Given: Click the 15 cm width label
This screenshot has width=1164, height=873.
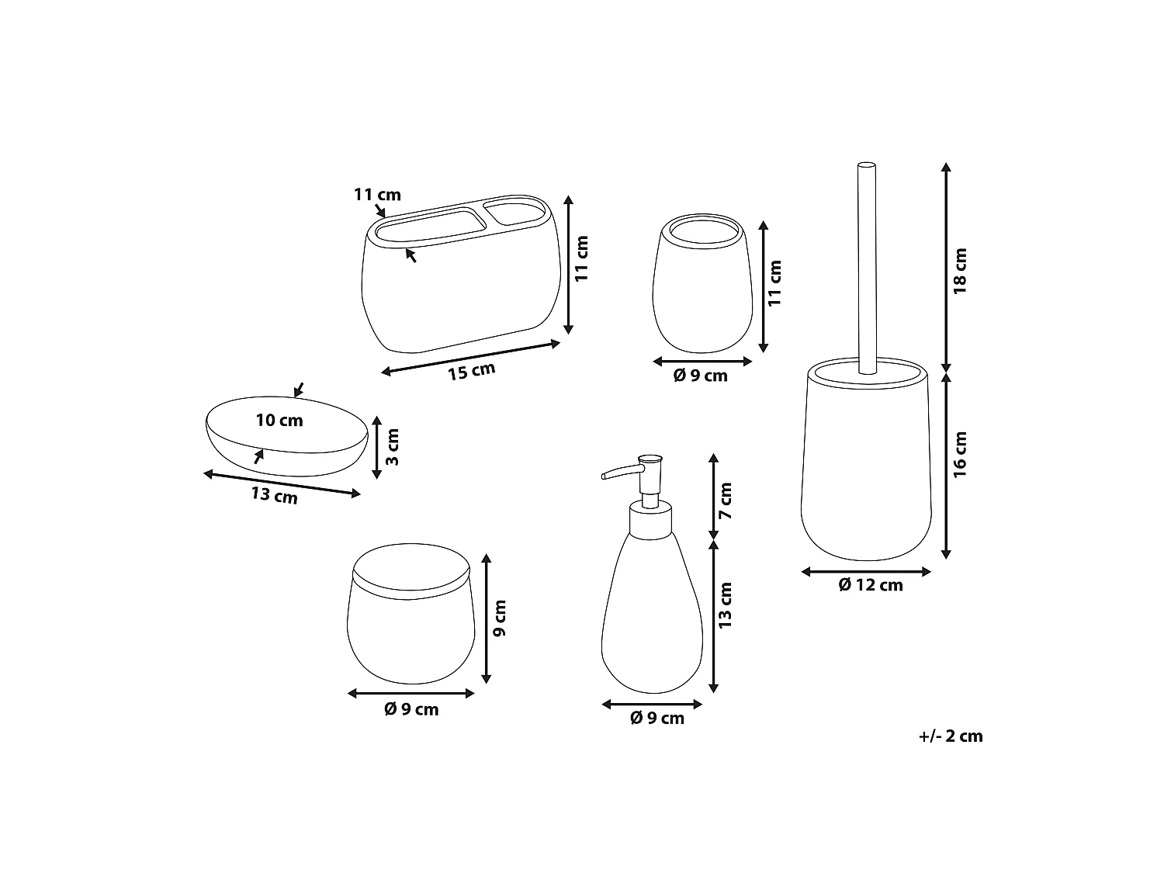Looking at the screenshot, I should tap(471, 372).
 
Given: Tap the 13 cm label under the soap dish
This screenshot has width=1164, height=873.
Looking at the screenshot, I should tap(274, 494).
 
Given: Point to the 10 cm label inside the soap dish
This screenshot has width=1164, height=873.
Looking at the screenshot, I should tap(279, 421).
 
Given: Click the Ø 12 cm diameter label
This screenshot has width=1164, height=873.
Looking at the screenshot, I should tap(871, 585).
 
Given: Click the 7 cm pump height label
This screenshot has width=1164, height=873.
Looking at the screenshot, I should tap(726, 501).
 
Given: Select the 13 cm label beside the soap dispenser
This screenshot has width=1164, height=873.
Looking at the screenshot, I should tap(726, 605).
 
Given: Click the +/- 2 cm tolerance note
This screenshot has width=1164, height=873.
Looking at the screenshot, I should tap(951, 736).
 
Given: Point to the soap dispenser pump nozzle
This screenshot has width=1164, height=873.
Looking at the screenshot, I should tap(617, 472).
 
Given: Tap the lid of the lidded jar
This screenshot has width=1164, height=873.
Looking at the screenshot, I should tap(411, 572).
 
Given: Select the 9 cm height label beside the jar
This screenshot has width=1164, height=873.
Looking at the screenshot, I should tap(501, 618).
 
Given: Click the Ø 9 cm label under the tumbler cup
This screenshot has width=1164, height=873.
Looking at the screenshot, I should tap(701, 376).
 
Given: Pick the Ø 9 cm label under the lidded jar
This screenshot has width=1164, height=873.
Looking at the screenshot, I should tap(411, 709).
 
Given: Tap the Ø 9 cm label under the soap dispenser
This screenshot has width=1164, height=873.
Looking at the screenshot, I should tap(657, 719).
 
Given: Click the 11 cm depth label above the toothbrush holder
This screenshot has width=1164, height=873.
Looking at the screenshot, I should tap(377, 194).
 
